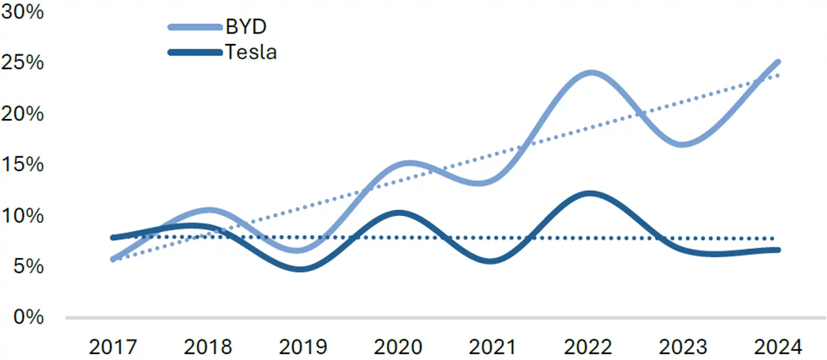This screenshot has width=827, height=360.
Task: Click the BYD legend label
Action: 246,27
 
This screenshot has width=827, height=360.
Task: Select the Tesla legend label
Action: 251,52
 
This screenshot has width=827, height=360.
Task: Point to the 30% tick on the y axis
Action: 23,12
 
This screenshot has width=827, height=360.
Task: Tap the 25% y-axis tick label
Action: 23,63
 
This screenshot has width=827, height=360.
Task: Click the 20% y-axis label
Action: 23,114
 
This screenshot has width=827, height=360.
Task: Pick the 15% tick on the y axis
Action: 23,164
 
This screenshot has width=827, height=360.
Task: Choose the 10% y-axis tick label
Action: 23,215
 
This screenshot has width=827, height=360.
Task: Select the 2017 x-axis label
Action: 114,346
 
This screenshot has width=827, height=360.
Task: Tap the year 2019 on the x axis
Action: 303,346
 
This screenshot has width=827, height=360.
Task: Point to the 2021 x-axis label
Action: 493,346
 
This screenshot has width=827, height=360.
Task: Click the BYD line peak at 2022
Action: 590,73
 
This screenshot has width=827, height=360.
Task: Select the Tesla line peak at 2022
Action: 590,193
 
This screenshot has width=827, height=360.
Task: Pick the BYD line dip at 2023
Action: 684,144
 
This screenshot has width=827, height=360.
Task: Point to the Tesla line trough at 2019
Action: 303,268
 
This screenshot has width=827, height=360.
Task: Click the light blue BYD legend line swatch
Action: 194,27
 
